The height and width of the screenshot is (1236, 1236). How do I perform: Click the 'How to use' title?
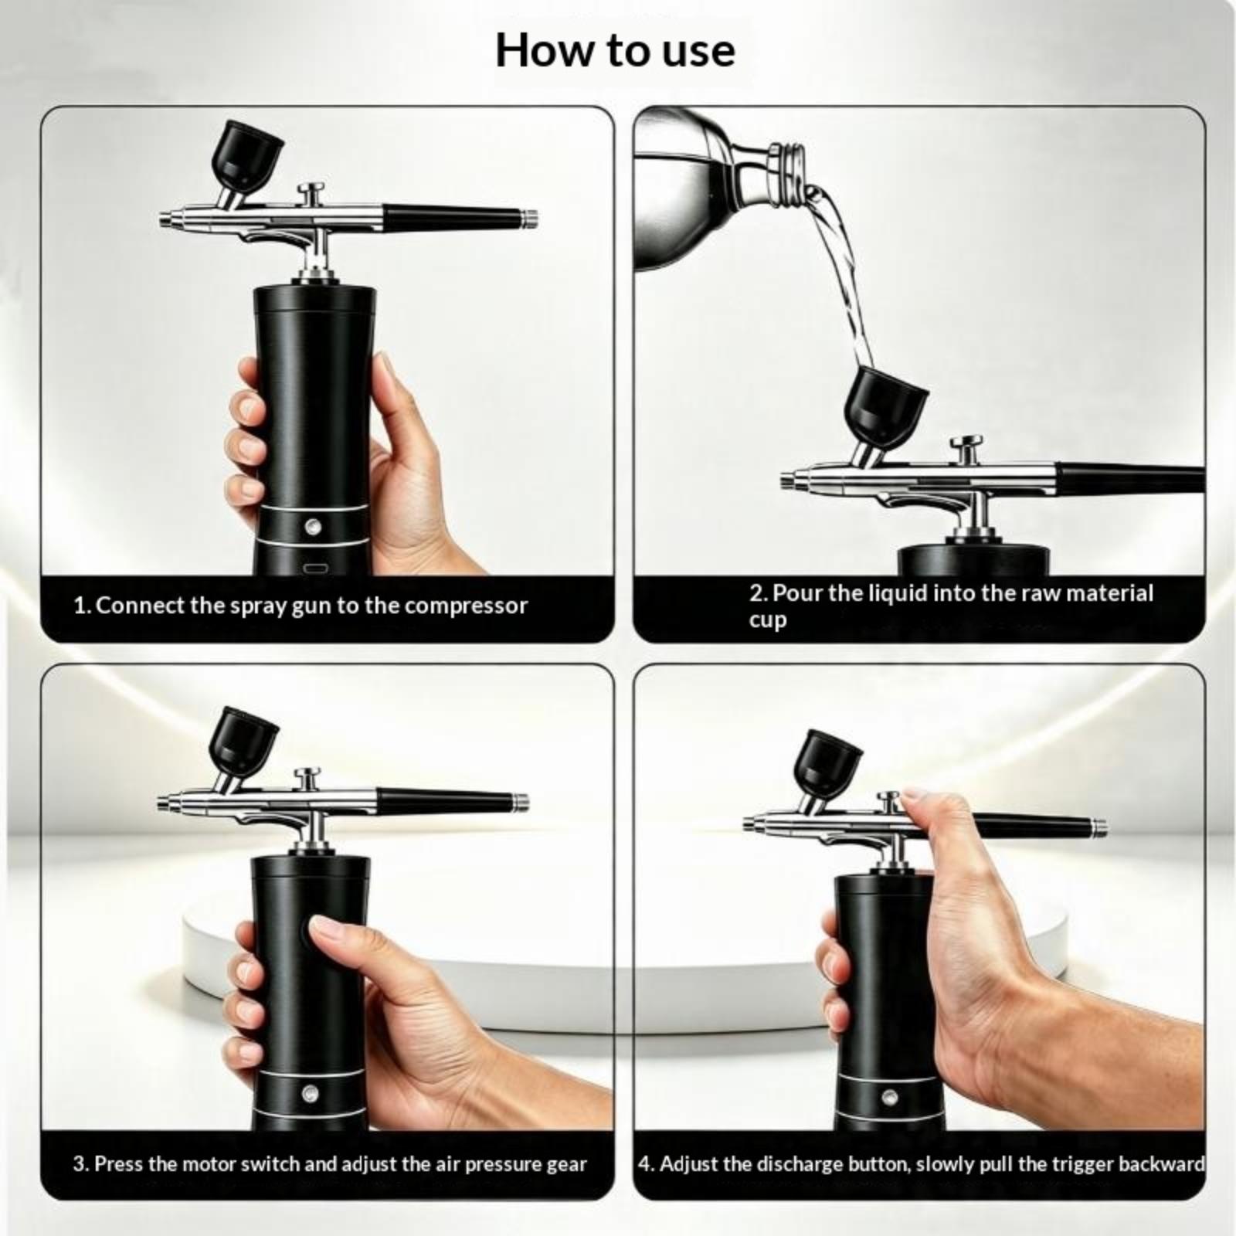[615, 51]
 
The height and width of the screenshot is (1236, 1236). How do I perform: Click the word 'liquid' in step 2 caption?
[898, 593]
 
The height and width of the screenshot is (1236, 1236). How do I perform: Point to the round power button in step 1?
[313, 527]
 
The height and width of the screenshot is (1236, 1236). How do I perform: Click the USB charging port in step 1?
[314, 569]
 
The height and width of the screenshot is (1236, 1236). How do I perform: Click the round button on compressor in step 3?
[310, 1093]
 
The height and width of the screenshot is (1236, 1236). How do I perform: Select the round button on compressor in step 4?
[889, 1097]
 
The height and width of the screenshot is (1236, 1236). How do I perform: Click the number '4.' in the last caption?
[646, 1163]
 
